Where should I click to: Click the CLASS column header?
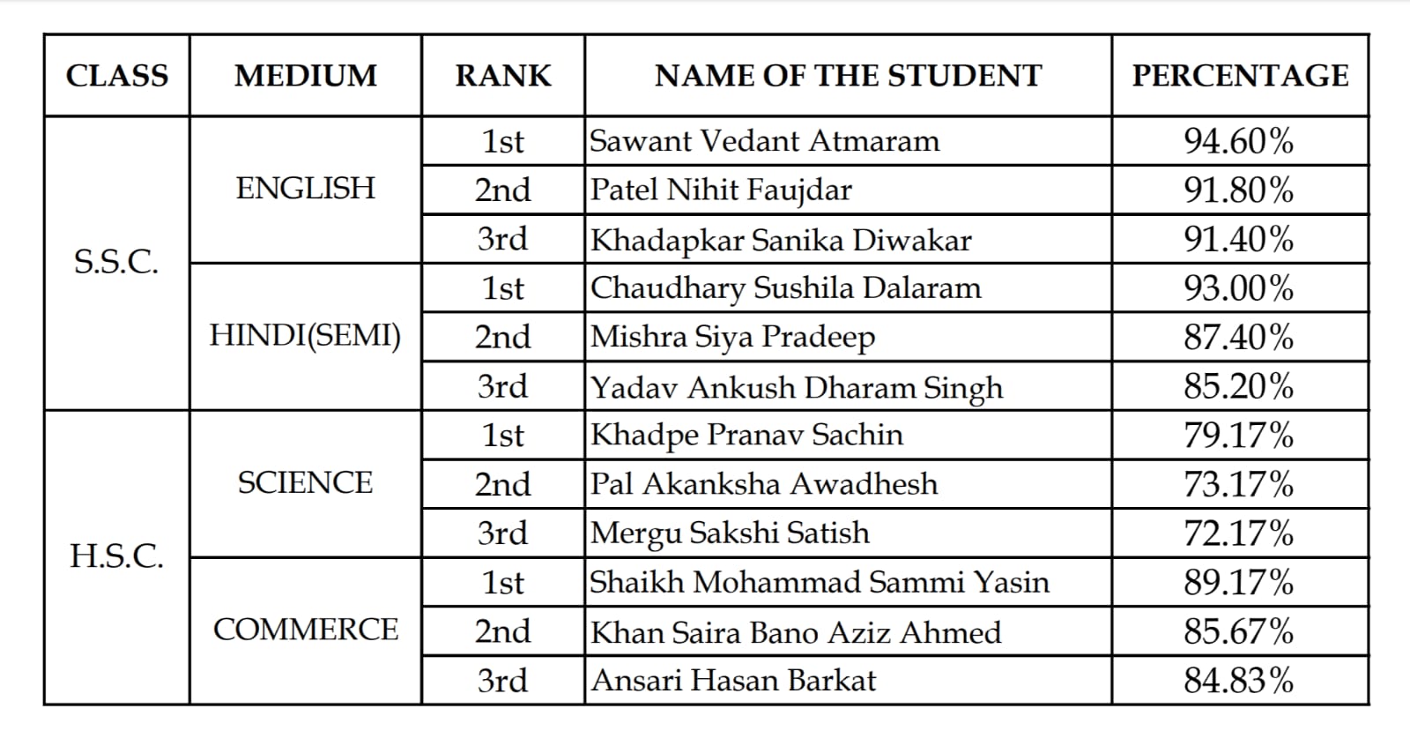[117, 76]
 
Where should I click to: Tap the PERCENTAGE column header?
[1240, 76]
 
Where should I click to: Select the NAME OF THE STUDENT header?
[848, 76]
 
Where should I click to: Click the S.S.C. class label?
[116, 262]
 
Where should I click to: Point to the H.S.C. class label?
[116, 556]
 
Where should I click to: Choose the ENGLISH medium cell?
[305, 189]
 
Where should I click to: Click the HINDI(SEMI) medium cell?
[305, 336]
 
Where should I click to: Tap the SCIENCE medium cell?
[305, 483]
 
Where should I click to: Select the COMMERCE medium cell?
[305, 630]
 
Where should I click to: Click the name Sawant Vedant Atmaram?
[764, 141]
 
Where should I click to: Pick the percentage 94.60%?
[1238, 141]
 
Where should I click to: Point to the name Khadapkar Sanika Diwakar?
[781, 240]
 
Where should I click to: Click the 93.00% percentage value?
[1238, 288]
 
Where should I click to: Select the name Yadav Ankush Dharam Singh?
[797, 387]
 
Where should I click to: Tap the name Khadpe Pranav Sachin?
[746, 435]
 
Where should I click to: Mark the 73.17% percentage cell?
[1238, 484]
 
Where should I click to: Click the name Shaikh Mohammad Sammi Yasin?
[820, 582]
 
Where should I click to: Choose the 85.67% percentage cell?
[1238, 631]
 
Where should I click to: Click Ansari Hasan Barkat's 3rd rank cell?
[502, 681]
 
